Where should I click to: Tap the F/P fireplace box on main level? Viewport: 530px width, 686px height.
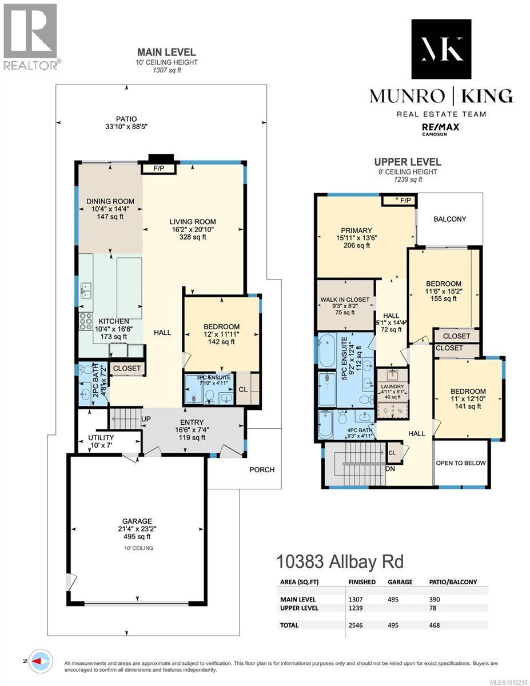157,169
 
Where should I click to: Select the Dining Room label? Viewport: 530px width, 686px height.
110,201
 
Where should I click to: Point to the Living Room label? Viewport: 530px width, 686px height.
193,222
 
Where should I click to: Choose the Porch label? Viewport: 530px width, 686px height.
262,469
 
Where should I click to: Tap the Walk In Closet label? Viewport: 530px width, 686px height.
345,300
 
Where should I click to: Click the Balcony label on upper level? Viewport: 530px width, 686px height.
449,219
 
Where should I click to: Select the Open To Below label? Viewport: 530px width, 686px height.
460,463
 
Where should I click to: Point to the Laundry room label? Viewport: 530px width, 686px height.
392,386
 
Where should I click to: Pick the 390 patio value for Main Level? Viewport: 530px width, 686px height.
435,599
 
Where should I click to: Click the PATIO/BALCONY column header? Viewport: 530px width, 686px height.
453,582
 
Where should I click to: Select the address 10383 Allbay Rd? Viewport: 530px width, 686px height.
340,561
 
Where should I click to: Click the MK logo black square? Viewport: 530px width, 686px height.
441,49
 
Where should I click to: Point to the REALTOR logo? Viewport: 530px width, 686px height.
30,37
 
